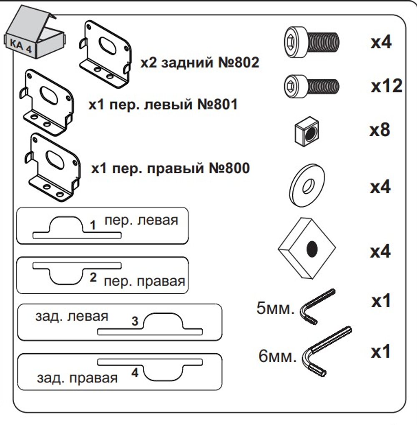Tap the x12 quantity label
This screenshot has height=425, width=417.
click(386, 86)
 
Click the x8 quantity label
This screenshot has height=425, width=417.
click(380, 130)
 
